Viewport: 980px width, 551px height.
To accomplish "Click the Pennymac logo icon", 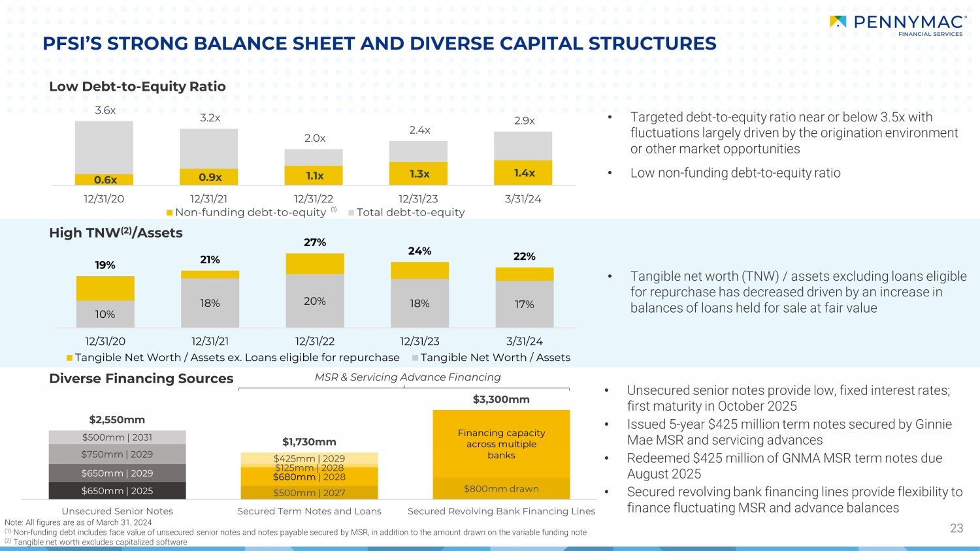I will point(838,22).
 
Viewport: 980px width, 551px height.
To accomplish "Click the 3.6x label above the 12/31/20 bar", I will point(105,110).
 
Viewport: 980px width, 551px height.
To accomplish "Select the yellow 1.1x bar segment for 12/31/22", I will point(314,176).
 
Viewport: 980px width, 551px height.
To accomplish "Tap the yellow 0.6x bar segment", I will point(105,180).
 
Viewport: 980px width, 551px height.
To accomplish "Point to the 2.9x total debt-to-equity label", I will point(524,121).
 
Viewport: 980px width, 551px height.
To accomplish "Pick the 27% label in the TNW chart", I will point(314,242).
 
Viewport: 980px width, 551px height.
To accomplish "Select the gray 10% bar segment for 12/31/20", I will point(105,314).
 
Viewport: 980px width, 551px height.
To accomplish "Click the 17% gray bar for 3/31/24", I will point(524,304).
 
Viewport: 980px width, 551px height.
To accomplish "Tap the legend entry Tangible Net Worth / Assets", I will point(495,357).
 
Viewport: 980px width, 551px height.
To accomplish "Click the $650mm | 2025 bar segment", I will point(117,491).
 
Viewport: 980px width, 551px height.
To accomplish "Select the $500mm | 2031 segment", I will point(117,437).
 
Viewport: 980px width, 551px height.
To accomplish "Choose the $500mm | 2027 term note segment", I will point(309,493).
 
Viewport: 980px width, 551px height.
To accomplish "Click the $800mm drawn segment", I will point(501,489).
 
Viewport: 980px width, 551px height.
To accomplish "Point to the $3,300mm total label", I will point(501,399).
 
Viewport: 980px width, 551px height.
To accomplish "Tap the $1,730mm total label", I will point(309,442).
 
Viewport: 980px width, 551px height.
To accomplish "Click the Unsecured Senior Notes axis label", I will point(117,511).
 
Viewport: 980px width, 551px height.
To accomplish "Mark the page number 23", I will point(956,528).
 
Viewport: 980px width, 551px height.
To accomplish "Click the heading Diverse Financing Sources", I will point(141,379).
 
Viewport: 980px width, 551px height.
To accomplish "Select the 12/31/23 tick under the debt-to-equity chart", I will point(418,198).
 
